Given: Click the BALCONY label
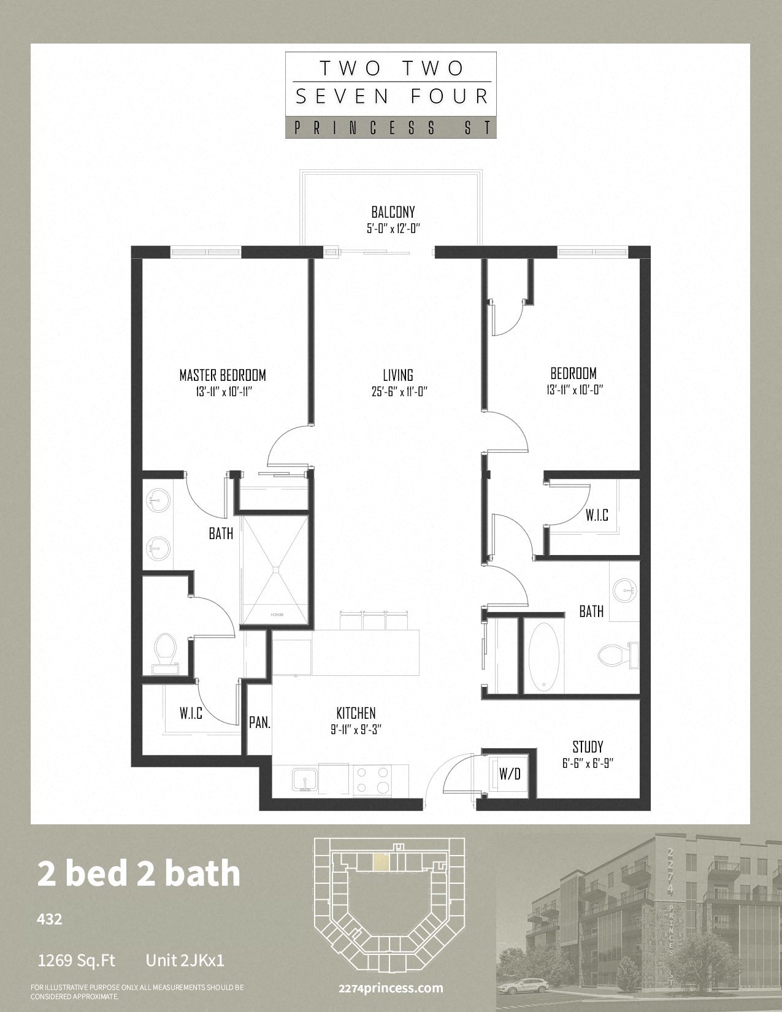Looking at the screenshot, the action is (393, 212).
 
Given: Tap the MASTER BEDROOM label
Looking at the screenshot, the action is (223, 375).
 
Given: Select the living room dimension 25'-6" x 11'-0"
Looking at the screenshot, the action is (399, 392).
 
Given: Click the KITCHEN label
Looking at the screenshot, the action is (356, 713).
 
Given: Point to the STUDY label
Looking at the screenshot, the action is (588, 747).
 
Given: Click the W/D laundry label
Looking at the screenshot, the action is (510, 773).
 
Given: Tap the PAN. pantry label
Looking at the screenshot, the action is (260, 723).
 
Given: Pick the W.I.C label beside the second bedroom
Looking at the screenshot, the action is (597, 515).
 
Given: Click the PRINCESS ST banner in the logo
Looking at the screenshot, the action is (391, 128).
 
